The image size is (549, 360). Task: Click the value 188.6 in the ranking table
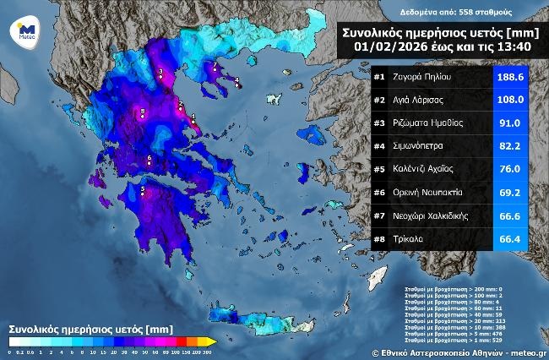coord(510,77)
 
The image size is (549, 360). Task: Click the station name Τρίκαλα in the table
coord(409,240)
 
